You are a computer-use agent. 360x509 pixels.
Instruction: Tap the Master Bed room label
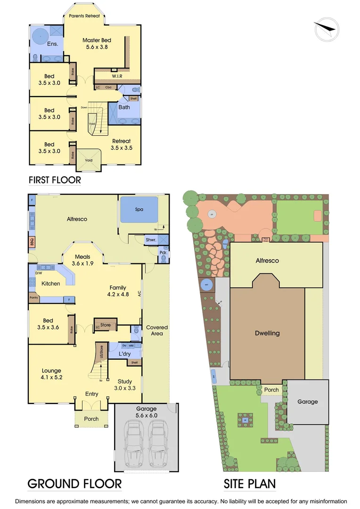point(97,43)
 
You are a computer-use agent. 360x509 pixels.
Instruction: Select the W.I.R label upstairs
point(117,75)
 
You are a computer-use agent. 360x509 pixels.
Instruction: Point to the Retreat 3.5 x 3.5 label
point(121,144)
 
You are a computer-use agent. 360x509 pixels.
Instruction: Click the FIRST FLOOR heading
point(55,180)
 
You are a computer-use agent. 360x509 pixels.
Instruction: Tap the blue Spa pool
point(139,209)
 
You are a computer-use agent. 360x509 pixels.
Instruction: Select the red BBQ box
point(32,242)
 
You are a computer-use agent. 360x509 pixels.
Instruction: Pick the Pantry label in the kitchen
point(33,297)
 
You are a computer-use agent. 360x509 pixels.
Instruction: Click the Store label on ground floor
point(106,324)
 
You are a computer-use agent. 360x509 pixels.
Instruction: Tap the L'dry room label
point(125,353)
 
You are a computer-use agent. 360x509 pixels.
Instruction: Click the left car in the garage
point(134,443)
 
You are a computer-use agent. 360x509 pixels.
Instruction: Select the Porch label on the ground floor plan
point(91,419)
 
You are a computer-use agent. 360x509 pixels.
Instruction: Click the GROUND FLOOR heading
point(74,484)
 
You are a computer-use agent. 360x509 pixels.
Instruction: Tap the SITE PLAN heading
point(250,484)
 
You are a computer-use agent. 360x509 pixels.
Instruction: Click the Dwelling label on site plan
point(267,333)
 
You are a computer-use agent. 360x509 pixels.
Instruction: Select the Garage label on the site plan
point(307,402)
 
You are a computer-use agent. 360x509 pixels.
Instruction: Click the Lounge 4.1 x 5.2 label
point(51,374)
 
